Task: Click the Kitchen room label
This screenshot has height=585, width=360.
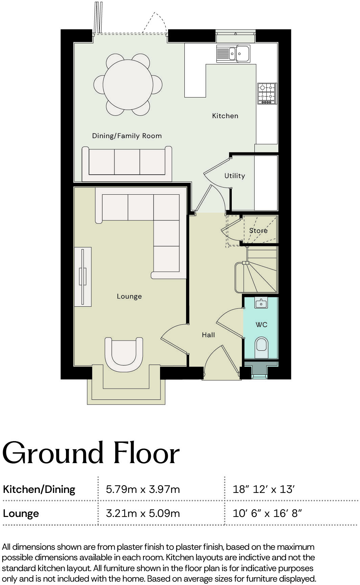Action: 225,116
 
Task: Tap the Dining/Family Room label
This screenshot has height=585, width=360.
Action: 127,136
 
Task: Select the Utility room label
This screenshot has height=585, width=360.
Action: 234,176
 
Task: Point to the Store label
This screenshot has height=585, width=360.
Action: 258,231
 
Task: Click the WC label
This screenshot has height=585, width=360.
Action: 262,325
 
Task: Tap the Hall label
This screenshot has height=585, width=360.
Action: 208,335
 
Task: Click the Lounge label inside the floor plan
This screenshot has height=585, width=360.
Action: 129,296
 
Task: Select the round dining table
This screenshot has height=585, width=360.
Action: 128,84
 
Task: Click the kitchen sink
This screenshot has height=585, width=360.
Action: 233,53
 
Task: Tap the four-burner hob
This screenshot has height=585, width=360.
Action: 267,93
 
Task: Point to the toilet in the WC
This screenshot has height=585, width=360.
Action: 261,346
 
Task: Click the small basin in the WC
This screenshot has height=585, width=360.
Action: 261,303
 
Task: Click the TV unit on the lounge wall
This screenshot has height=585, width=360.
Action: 83,277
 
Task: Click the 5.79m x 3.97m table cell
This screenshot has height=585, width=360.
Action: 143,489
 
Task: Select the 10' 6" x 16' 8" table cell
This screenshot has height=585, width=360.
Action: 267,513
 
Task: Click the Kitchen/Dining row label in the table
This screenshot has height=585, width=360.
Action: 39,489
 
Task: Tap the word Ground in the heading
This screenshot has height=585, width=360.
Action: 53,453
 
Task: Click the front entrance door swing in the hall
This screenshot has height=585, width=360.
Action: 220,361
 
